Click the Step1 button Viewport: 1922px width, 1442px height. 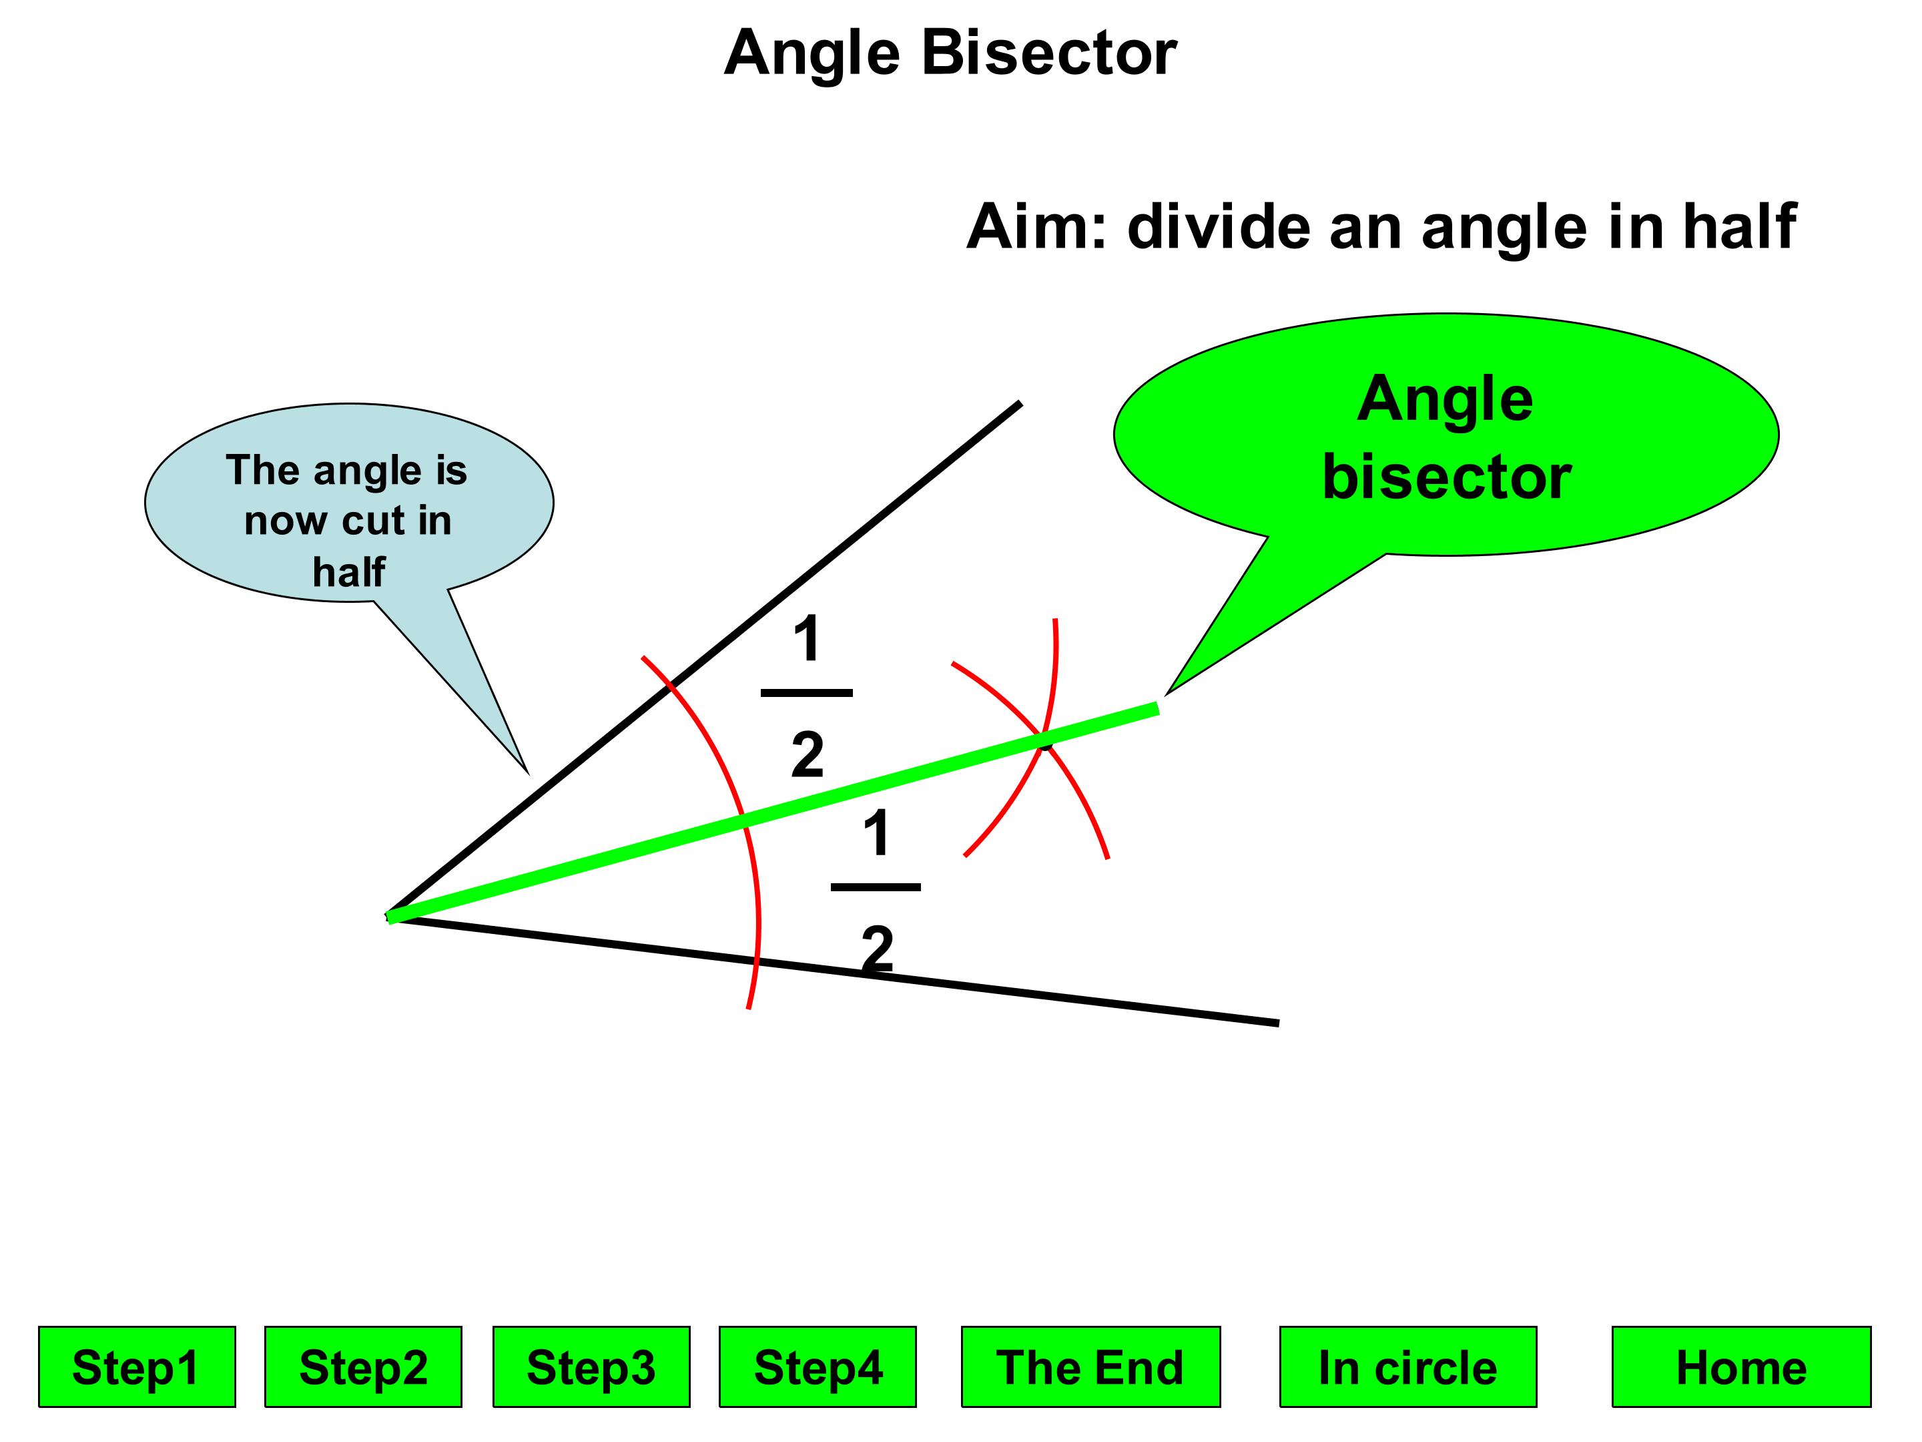pyautogui.click(x=136, y=1367)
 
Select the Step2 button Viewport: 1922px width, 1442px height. pyautogui.click(x=363, y=1367)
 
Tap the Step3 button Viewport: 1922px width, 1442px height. pyautogui.click(x=591, y=1367)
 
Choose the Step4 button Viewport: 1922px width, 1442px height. pyautogui.click(x=818, y=1367)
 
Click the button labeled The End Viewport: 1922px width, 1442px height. pyautogui.click(x=1090, y=1367)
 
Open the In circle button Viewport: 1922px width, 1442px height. pyautogui.click(x=1407, y=1367)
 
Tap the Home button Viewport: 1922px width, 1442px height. pyautogui.click(x=1741, y=1367)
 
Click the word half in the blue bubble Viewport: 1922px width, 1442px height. pyautogui.click(x=348, y=572)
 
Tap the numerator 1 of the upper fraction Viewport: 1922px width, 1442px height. pyautogui.click(x=808, y=639)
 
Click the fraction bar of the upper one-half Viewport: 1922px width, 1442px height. pyautogui.click(x=806, y=693)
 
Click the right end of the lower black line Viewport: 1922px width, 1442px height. pyautogui.click(x=1277, y=1023)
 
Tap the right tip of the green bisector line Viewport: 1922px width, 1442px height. pyautogui.click(x=1157, y=708)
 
